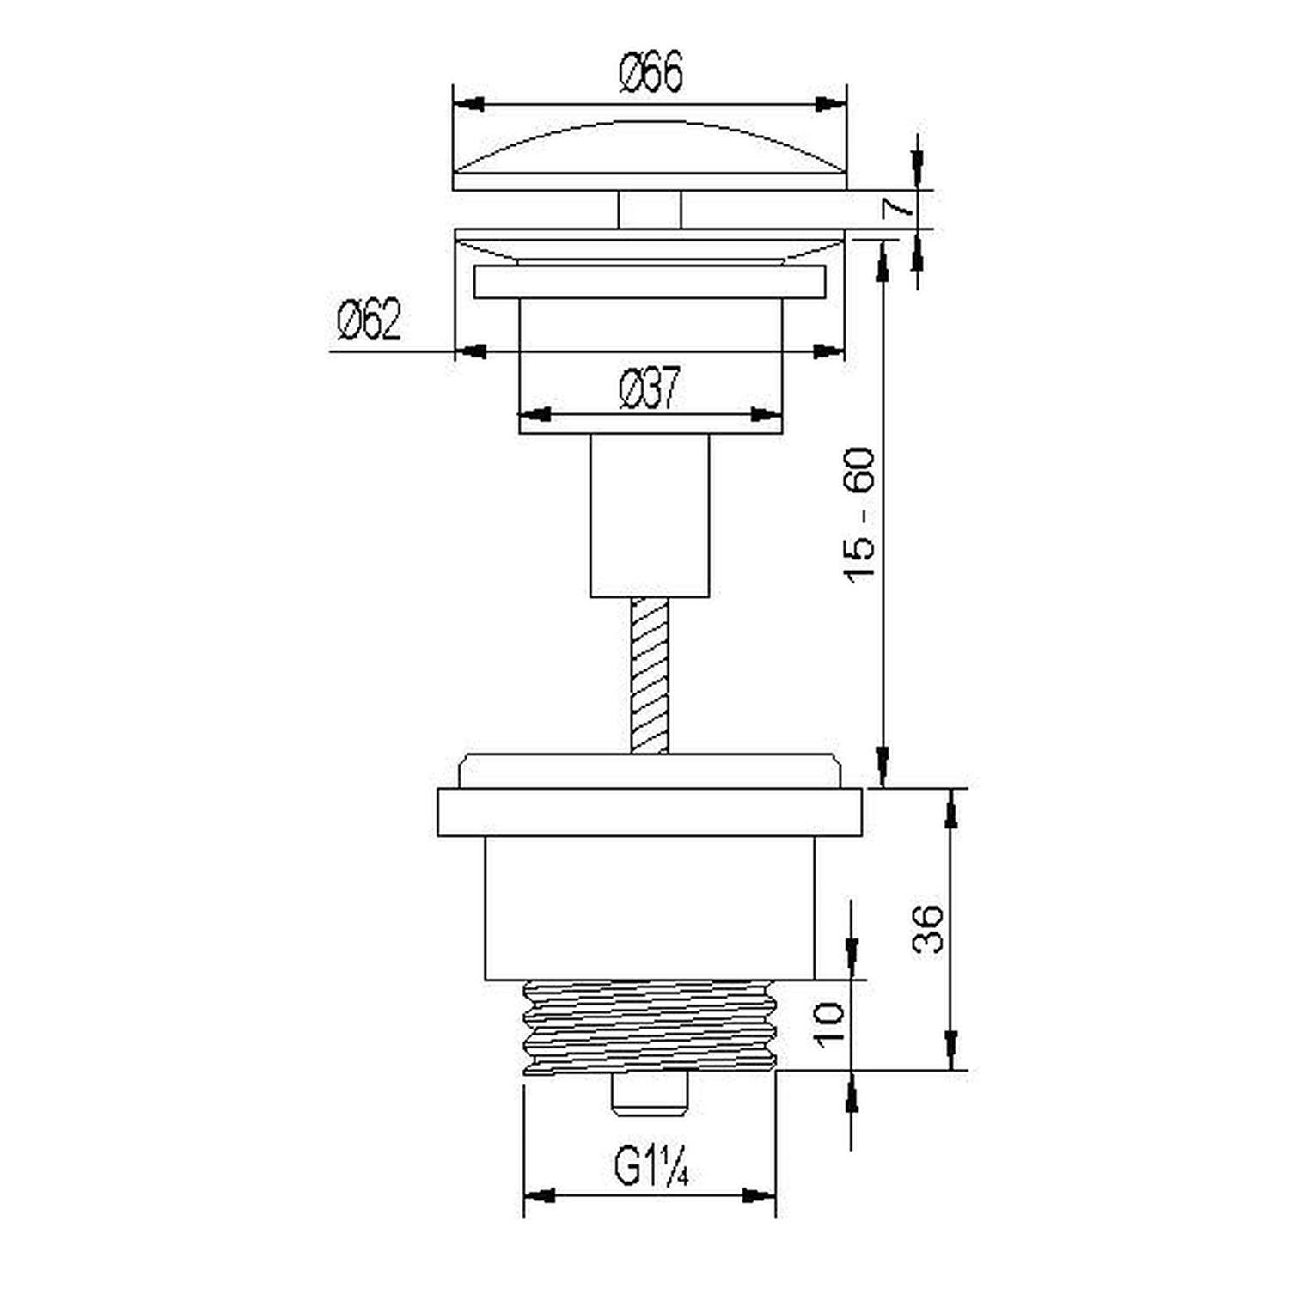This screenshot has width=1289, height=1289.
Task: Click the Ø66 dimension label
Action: [x=651, y=71]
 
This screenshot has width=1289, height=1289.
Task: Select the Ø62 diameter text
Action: [x=369, y=320]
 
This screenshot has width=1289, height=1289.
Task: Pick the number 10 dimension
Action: [x=832, y=1024]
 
